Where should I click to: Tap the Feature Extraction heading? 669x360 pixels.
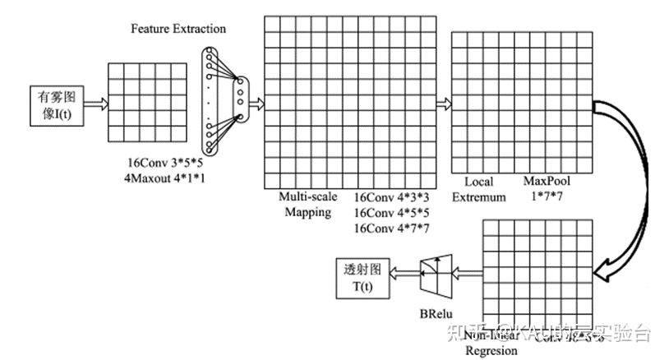(178, 29)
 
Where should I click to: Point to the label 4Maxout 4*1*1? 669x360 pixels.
(165, 178)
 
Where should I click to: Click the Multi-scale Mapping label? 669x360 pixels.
(307, 205)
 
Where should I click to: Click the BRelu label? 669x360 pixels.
(435, 314)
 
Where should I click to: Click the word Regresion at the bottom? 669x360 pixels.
(491, 351)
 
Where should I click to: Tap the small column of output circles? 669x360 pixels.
(240, 91)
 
